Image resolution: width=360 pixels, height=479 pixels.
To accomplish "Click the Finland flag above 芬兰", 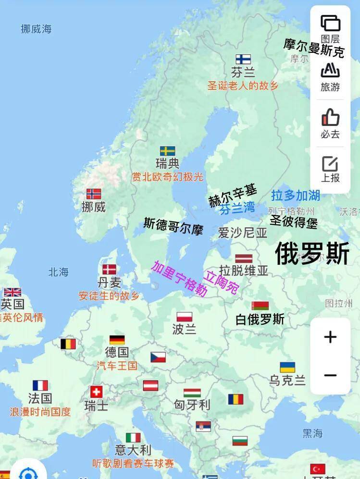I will click(x=243, y=59).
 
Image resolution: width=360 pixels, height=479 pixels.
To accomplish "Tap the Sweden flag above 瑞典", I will click(x=167, y=151).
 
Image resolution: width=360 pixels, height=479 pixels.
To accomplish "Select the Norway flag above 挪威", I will click(x=94, y=194).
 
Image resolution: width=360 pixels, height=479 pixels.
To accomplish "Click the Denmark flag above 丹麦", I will click(x=109, y=269).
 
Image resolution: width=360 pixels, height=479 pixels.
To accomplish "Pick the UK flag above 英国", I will click(x=12, y=292).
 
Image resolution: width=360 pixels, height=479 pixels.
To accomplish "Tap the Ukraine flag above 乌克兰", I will click(x=287, y=368).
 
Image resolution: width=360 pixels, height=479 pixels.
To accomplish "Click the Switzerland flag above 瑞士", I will click(x=96, y=392).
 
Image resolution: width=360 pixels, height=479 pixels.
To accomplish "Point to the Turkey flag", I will click(x=318, y=469).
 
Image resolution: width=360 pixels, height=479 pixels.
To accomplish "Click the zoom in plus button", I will click(x=330, y=337).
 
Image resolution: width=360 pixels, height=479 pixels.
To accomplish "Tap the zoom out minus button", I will click(x=330, y=375).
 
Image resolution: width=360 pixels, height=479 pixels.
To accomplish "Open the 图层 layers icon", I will click(x=330, y=23).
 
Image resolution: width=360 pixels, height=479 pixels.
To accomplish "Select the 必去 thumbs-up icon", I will click(x=330, y=118).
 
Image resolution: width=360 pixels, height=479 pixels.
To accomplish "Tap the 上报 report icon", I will click(x=330, y=164).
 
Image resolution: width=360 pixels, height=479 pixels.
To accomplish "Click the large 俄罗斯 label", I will click(x=312, y=253).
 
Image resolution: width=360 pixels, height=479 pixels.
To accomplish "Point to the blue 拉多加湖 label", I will click(x=296, y=195).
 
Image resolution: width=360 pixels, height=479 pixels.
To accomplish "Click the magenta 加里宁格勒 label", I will click(x=179, y=279).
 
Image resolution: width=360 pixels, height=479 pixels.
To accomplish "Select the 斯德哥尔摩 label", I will click(x=174, y=226).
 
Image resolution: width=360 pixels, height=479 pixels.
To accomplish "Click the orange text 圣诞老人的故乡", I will click(x=243, y=86).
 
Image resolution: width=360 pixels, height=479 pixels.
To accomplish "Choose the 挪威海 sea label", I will click(x=36, y=29).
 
